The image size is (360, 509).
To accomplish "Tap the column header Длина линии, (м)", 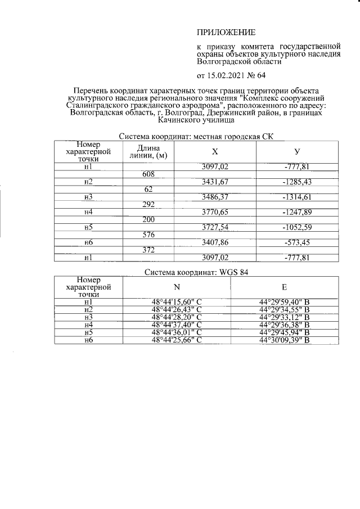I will click(x=148, y=151).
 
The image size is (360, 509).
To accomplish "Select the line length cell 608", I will click(x=148, y=174).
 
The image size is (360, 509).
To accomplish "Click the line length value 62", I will click(x=148, y=189).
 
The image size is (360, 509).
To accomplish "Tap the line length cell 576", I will click(x=148, y=235).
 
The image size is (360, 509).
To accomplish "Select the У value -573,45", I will click(x=298, y=242).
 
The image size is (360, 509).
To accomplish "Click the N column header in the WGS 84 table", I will click(x=176, y=286).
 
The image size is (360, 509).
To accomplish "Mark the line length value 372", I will click(x=148, y=250).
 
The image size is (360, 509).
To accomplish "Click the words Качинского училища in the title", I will click(x=195, y=119).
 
